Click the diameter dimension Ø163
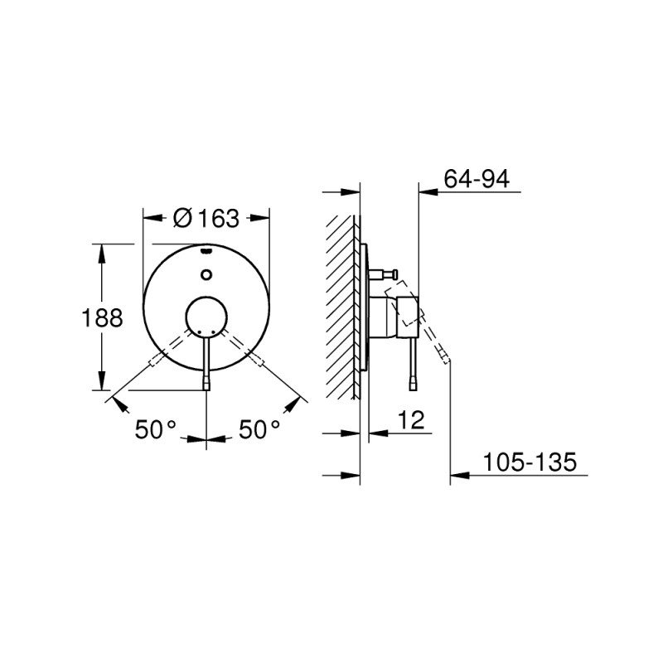[206, 219]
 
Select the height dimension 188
[101, 317]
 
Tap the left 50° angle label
[157, 429]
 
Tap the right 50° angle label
[259, 429]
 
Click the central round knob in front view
[206, 317]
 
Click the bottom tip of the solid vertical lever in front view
[206, 385]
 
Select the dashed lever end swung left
[154, 362]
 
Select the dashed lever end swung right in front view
[259, 362]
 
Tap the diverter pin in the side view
[388, 273]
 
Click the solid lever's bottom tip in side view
[413, 385]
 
